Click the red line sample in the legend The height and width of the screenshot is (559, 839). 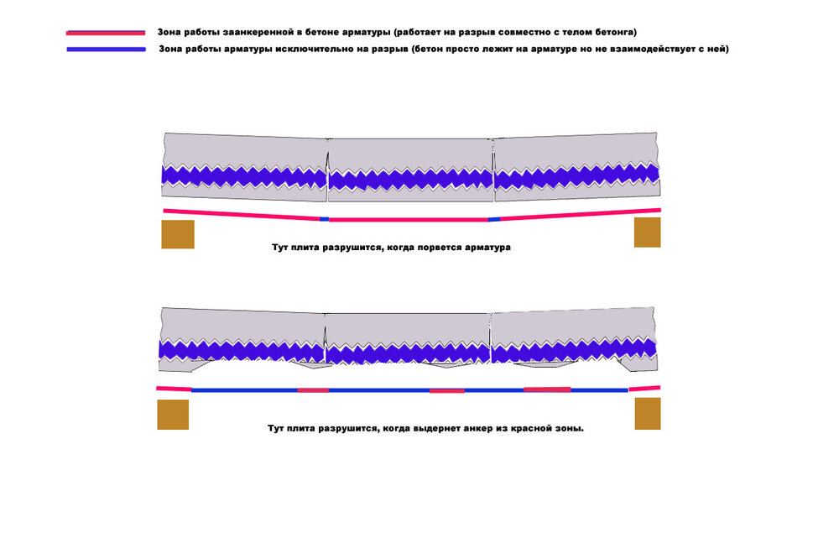point(106,33)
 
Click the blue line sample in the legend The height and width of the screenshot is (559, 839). point(106,50)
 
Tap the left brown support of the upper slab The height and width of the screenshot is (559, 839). point(178,234)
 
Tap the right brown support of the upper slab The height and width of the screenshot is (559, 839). point(648,232)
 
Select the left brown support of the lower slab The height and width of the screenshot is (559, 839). point(173,415)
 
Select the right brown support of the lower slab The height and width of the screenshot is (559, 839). point(648,413)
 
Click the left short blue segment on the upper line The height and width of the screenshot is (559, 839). point(324,219)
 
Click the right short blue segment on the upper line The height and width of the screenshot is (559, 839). point(494,219)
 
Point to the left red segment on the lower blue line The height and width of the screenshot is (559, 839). point(313,390)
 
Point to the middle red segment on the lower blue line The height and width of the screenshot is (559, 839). point(447,391)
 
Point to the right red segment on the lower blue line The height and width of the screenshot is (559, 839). point(547,389)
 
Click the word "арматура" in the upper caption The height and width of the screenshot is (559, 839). point(487,248)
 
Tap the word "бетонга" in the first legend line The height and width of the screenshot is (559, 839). point(616,32)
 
